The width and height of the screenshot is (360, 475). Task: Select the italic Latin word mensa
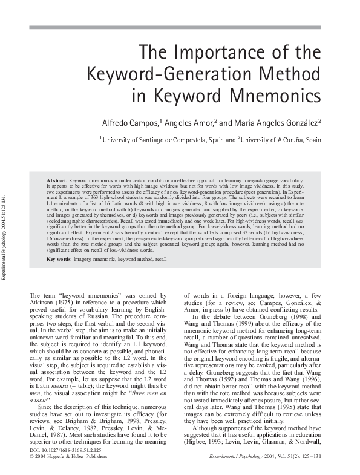click(64, 385)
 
